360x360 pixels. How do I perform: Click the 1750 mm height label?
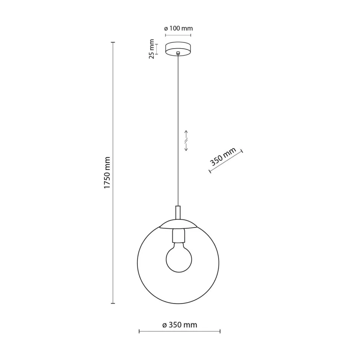point(107,173)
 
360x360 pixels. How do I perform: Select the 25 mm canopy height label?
point(151,49)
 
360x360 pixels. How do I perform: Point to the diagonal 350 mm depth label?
point(223,157)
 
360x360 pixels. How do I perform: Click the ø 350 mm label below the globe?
point(180,325)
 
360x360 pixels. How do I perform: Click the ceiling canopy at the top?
point(178,49)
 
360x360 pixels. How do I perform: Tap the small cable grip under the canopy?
point(179,53)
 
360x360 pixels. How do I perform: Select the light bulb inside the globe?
point(179,258)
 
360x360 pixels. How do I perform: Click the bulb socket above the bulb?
point(179,235)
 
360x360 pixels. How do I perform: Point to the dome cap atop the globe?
point(179,224)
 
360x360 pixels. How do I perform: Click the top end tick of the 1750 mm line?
point(113,43)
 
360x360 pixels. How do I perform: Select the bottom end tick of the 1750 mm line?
point(113,303)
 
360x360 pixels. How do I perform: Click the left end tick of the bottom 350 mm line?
point(139,331)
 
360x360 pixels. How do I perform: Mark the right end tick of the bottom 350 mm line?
point(220,331)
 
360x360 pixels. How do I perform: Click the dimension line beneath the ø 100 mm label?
point(178,36)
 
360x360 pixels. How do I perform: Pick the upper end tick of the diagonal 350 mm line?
point(242,151)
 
